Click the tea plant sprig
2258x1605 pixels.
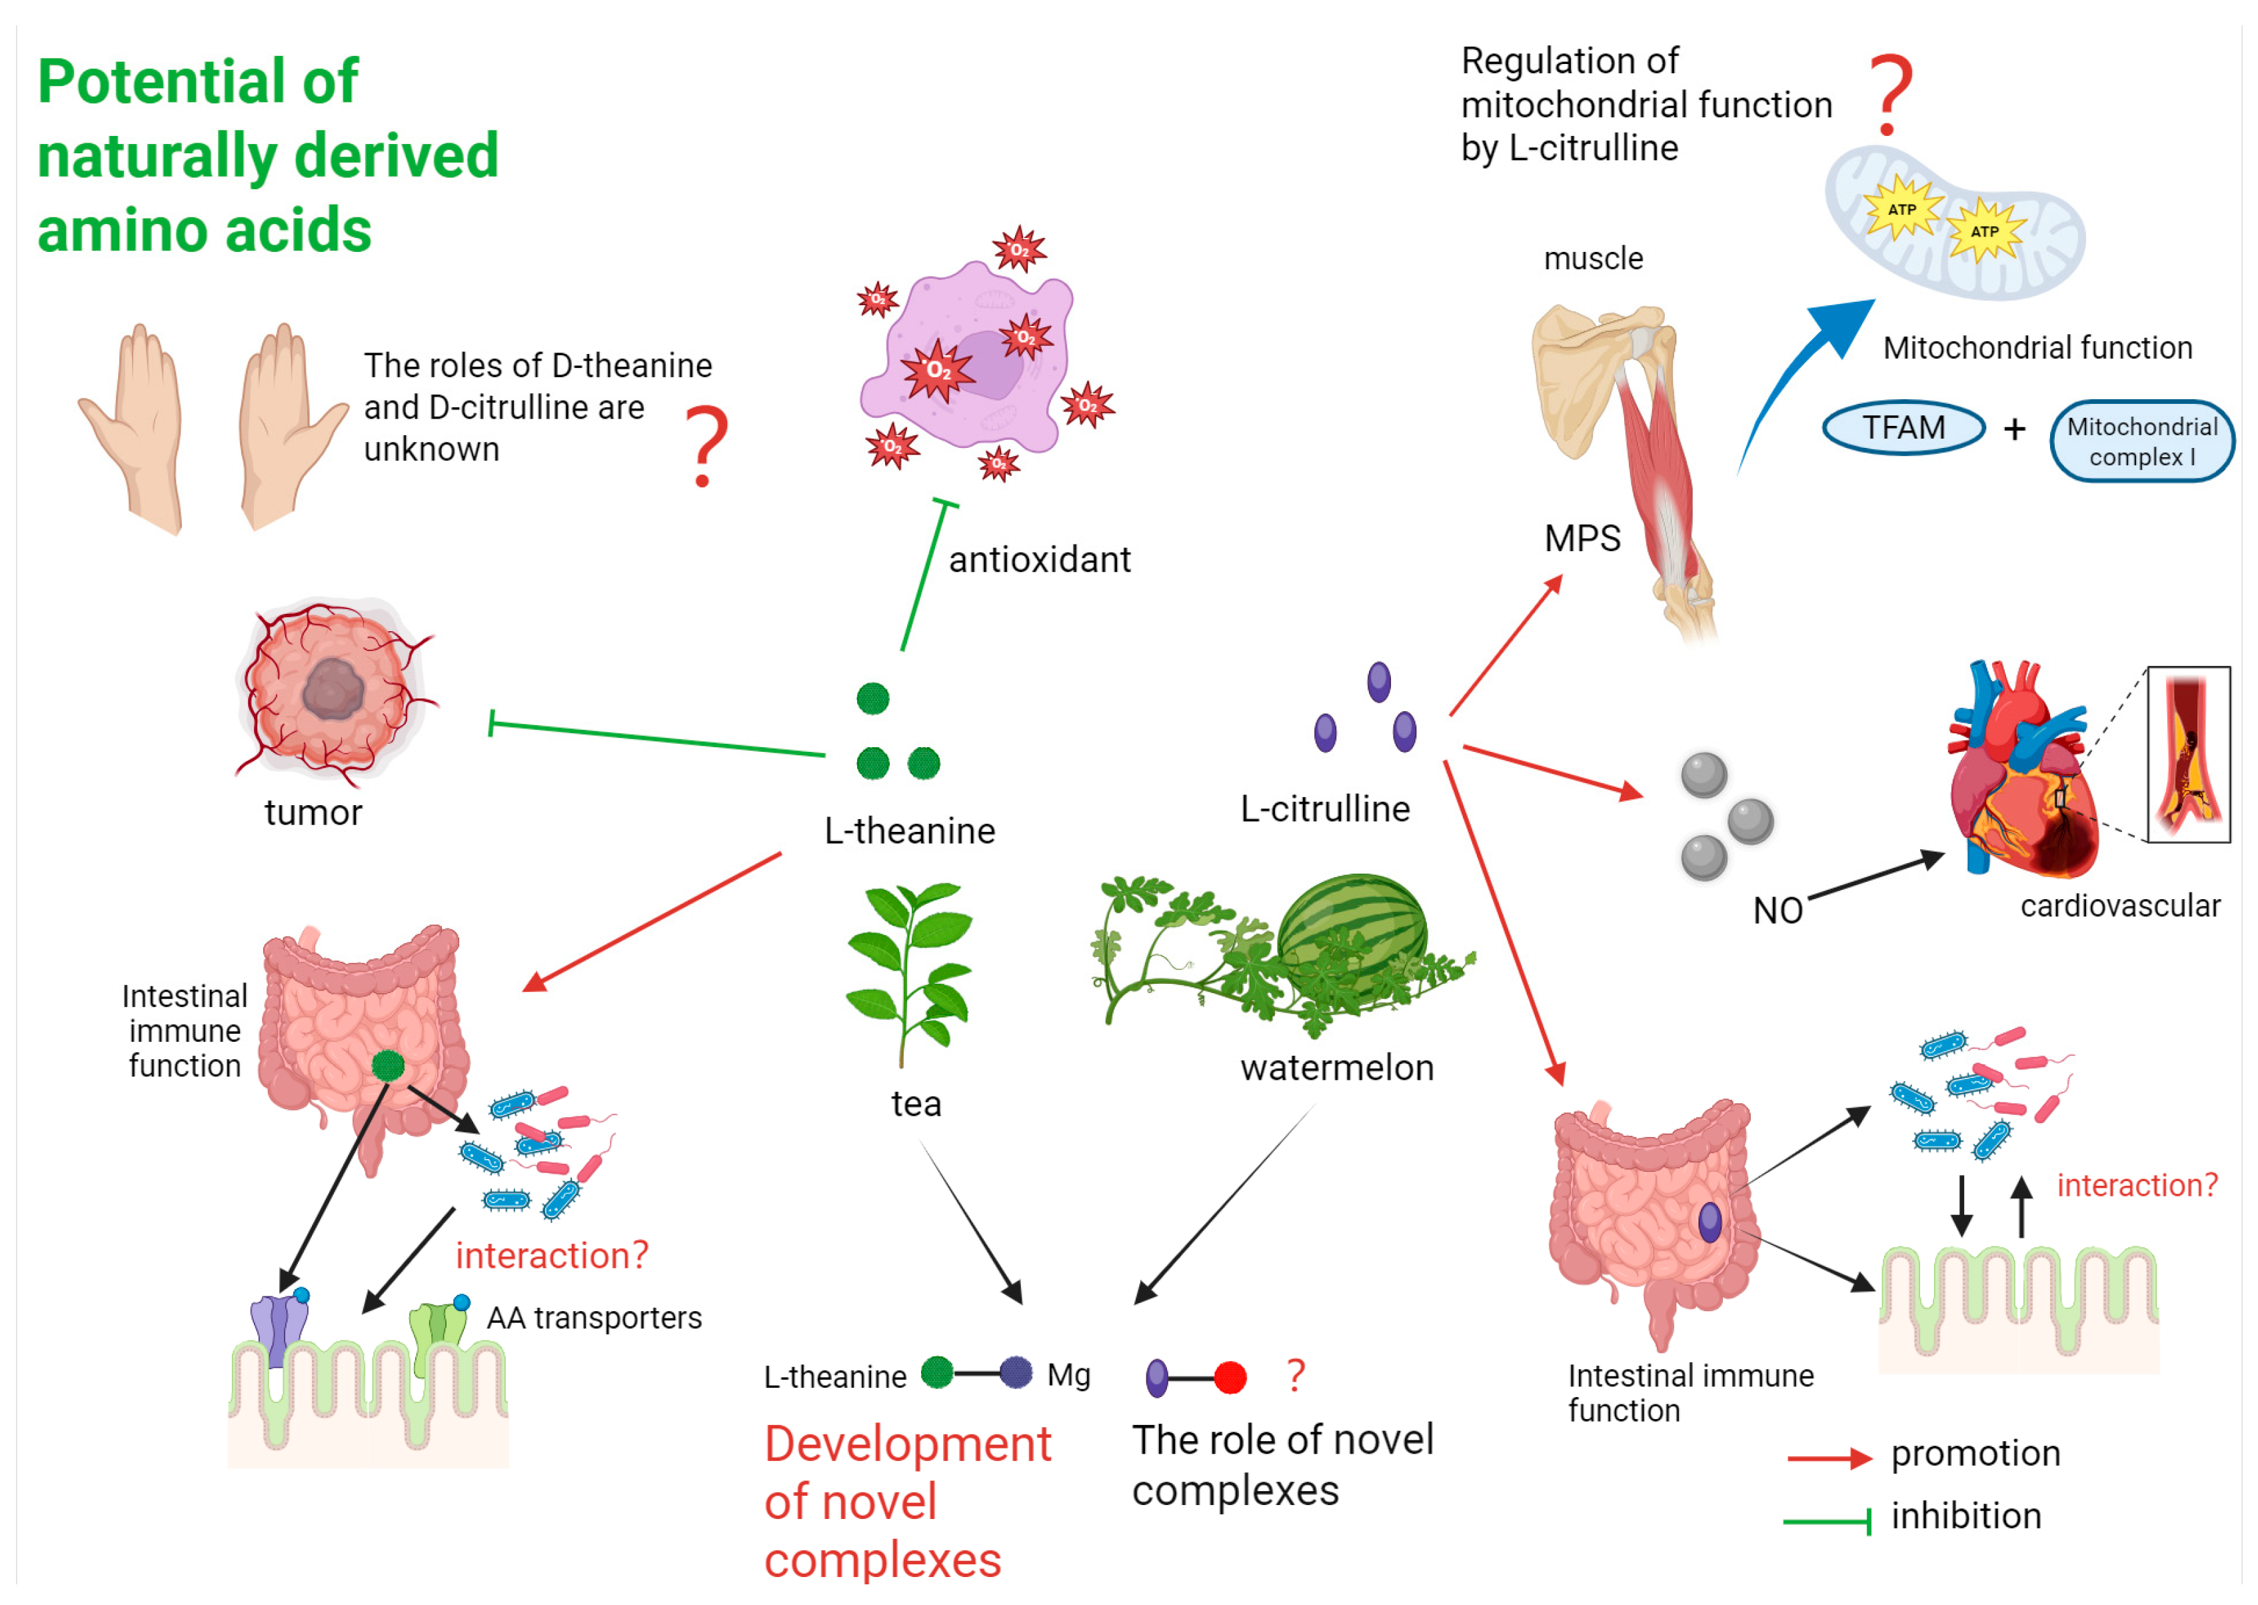909,968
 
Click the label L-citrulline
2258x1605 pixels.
1324,808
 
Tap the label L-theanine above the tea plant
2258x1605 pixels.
909,830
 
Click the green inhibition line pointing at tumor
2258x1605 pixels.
657,739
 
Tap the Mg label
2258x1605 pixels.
1068,1375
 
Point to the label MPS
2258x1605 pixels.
1582,539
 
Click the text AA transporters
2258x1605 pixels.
594,1318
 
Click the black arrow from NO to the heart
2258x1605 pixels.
1873,876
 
